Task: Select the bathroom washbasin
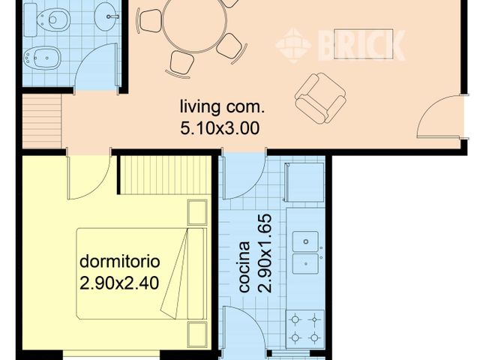[106, 16]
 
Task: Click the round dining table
[195, 21]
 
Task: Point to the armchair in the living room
[320, 98]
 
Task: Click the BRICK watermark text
[361, 45]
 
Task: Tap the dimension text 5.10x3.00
[220, 128]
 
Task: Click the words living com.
[222, 106]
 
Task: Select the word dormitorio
[120, 262]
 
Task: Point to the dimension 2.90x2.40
[119, 283]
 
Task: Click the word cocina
[244, 267]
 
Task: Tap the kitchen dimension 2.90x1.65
[265, 253]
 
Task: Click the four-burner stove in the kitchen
[305, 329]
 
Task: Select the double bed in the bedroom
[142, 273]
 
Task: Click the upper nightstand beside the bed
[197, 212]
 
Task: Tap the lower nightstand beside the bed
[197, 334]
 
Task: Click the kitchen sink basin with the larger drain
[305, 241]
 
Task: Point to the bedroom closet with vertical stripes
[165, 175]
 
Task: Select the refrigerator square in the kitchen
[304, 182]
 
